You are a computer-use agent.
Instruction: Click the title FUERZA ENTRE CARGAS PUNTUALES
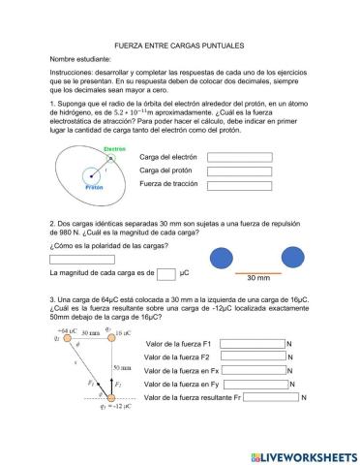(x=179, y=46)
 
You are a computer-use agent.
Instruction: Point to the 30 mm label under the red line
(x=257, y=278)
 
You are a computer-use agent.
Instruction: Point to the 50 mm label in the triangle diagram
(x=122, y=368)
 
